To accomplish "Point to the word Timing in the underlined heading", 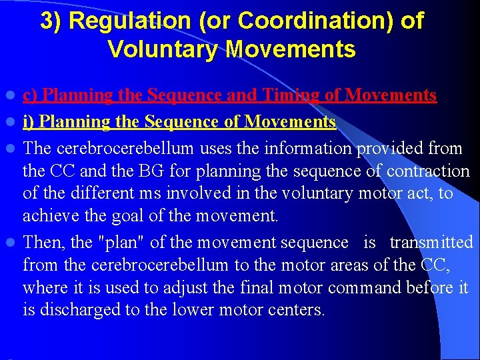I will click(x=298, y=96).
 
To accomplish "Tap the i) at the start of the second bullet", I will click(x=28, y=122).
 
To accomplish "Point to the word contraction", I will click(x=430, y=171).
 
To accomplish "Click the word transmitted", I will click(x=431, y=241).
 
